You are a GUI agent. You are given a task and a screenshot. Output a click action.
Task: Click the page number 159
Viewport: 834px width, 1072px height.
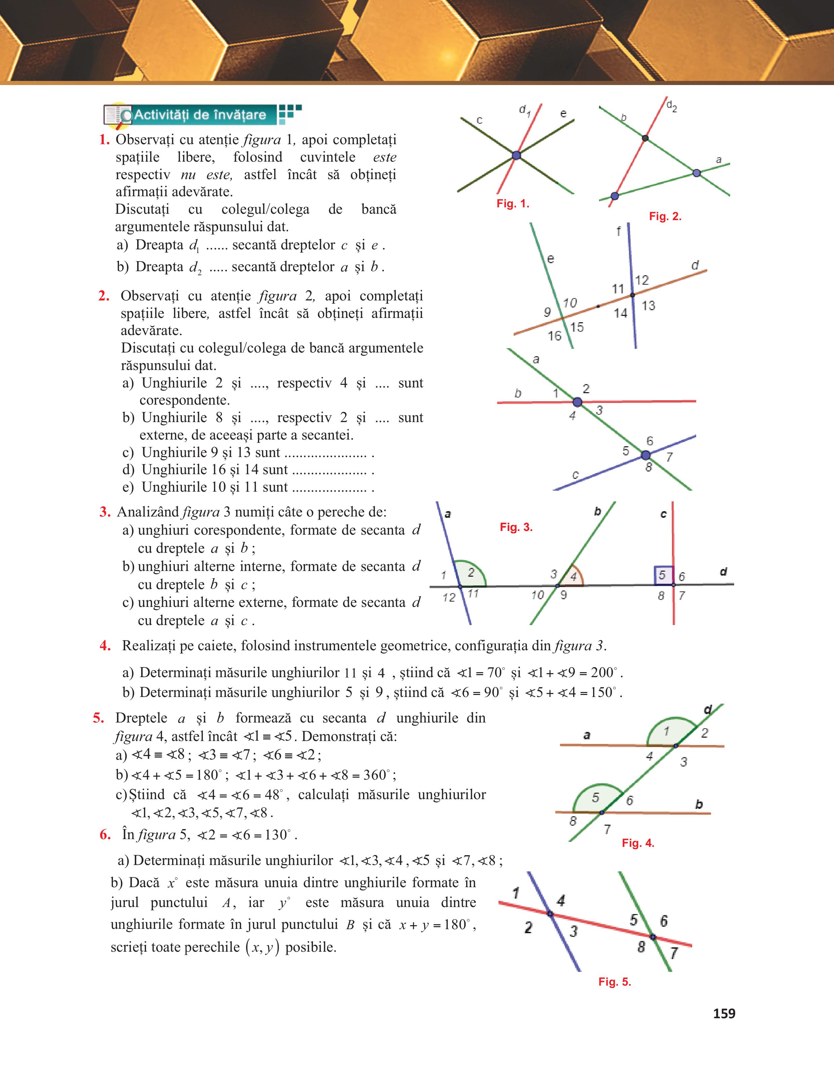(x=724, y=1013)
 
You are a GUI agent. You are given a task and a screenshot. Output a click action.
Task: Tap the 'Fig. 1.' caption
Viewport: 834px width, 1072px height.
(x=513, y=204)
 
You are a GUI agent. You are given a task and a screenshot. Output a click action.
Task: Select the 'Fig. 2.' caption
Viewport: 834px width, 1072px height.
(x=665, y=216)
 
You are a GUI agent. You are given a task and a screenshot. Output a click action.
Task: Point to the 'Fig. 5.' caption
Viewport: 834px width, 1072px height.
(x=614, y=982)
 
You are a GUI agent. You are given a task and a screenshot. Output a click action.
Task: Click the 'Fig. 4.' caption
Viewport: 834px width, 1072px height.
(x=638, y=843)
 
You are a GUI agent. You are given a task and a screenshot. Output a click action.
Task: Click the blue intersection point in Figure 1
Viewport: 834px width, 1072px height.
(x=516, y=155)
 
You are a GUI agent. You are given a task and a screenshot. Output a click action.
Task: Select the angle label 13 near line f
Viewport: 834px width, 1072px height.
(x=648, y=306)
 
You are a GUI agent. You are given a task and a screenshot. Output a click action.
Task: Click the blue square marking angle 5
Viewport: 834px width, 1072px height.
(x=663, y=575)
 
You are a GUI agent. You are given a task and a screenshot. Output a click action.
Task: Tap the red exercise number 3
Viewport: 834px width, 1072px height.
(x=105, y=512)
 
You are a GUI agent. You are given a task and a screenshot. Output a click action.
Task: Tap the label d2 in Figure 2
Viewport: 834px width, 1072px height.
(x=671, y=106)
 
